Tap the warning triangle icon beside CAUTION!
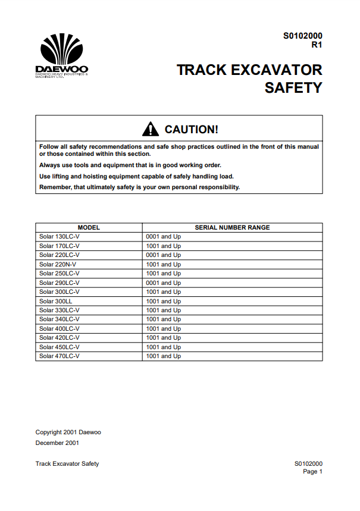(x=151, y=128)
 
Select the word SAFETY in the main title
(x=293, y=88)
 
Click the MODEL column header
(x=89, y=227)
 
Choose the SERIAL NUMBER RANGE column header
(x=232, y=227)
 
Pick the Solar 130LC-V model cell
(x=59, y=237)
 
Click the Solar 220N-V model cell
(x=57, y=264)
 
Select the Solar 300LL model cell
(x=55, y=301)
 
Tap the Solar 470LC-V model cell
(x=59, y=356)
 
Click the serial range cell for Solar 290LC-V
(x=163, y=283)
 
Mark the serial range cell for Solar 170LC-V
(x=163, y=246)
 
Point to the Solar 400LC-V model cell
(x=59, y=329)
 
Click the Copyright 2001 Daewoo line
(x=68, y=432)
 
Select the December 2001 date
(x=57, y=443)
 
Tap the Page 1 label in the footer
(x=312, y=471)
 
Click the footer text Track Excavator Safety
(x=67, y=463)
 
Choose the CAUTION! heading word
(x=191, y=129)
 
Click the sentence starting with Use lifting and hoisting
(x=136, y=176)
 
